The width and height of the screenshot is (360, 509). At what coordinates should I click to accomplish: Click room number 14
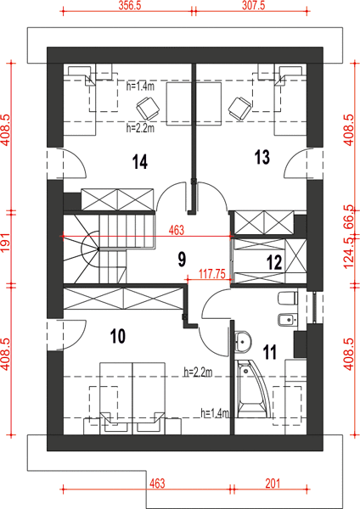coord(140,162)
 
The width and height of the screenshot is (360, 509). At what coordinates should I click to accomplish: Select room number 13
coord(262,157)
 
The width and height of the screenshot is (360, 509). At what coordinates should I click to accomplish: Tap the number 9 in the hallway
coord(182,260)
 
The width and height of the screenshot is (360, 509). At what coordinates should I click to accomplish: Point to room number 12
coord(274,262)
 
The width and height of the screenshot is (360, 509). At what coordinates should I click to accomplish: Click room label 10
coord(118,336)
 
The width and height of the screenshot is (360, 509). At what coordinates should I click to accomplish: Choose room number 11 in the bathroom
coord(270,352)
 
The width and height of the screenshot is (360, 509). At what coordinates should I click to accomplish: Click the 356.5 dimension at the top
coord(129,6)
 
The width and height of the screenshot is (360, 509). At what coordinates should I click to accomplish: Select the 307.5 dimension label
coord(253,6)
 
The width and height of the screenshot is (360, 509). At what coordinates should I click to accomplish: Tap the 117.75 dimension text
coord(212,274)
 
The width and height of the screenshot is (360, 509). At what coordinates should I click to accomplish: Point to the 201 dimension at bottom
coord(273,484)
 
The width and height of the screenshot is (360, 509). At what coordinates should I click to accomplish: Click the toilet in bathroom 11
coord(288,299)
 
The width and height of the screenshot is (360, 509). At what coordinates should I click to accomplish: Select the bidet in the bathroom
coord(288,320)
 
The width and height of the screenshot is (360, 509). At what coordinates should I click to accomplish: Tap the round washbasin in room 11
coord(243,341)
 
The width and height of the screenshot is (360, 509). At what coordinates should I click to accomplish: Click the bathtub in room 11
coord(253,389)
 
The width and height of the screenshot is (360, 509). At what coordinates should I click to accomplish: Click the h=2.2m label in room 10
coord(198,372)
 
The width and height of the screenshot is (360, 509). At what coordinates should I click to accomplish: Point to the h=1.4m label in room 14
coord(140,86)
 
